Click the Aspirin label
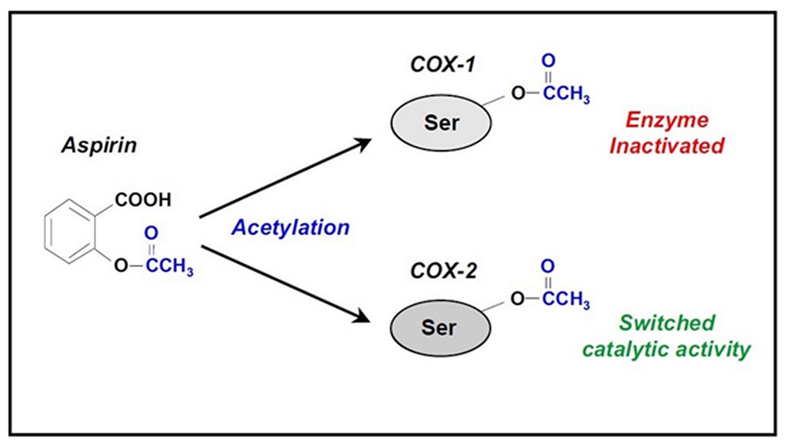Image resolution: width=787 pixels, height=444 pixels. click(99, 146)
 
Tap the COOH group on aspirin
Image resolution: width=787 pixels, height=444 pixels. click(143, 200)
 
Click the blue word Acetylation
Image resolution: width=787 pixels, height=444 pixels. click(290, 228)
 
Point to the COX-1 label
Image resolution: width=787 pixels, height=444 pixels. click(442, 65)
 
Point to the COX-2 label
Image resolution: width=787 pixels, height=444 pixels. click(443, 271)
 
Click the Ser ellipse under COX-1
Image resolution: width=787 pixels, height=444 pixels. click(441, 123)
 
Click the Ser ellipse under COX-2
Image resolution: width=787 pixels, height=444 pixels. click(440, 328)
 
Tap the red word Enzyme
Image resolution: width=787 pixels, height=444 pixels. click(667, 120)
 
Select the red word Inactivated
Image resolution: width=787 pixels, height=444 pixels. click(667, 146)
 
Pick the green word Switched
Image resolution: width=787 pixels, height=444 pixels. click(667, 323)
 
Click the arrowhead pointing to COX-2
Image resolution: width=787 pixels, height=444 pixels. click(362, 317)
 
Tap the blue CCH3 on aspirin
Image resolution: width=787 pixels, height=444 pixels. click(169, 266)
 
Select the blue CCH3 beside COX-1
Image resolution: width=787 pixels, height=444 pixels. click(566, 94)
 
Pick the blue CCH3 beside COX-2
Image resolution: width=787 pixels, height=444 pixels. click(566, 299)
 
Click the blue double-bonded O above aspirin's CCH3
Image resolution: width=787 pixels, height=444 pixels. click(151, 233)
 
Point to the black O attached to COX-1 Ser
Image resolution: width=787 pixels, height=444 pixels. click(518, 93)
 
